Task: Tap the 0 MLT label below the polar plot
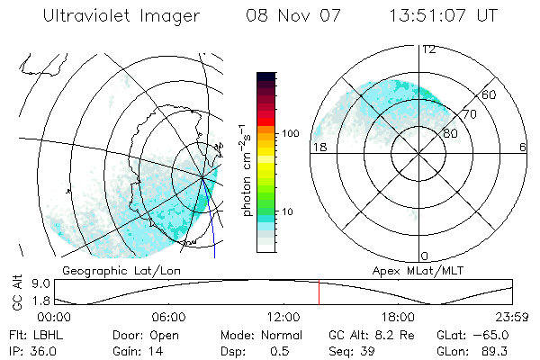click(x=425, y=256)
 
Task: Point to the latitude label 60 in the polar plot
click(x=489, y=94)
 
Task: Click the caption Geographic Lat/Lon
click(x=112, y=270)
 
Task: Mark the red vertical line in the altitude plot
click(x=319, y=293)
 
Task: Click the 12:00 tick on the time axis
click(x=283, y=318)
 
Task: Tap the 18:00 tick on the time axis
click(x=398, y=318)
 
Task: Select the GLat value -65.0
click(x=492, y=335)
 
